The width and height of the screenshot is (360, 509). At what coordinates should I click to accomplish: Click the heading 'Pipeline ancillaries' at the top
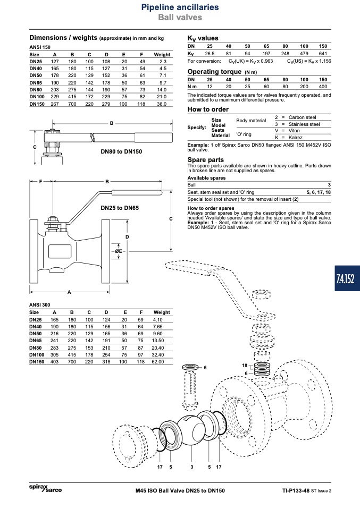pos(180,7)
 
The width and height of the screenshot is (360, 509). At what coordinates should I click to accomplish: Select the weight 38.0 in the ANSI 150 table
pos(162,104)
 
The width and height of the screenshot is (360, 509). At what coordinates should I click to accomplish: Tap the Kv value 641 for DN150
pos(323,54)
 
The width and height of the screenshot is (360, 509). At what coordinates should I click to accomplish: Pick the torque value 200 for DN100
pos(304,87)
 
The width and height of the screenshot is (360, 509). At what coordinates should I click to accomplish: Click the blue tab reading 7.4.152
pos(347,278)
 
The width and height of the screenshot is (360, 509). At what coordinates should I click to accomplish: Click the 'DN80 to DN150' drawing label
pos(121,151)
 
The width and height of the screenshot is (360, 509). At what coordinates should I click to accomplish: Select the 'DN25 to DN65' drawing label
pos(120,208)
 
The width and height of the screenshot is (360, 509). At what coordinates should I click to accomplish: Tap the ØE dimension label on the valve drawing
pos(119,251)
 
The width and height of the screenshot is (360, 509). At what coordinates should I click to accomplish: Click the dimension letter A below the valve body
pos(69,292)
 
